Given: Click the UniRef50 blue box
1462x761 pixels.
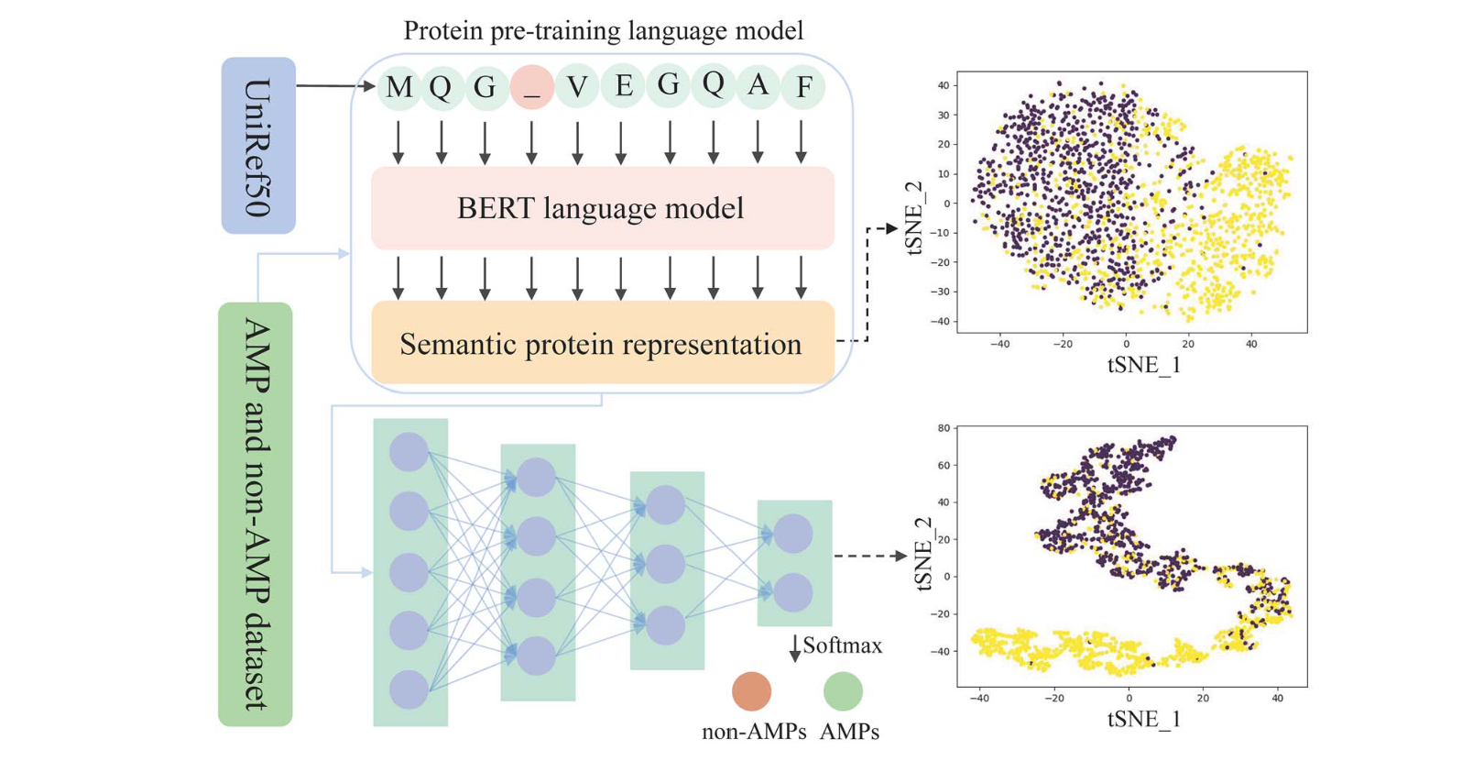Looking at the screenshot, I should [x=258, y=145].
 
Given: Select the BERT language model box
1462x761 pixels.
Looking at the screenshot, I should [x=602, y=208].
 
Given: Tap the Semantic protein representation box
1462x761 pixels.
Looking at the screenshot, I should [x=602, y=344].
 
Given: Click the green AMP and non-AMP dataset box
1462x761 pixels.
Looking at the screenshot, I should [x=255, y=513].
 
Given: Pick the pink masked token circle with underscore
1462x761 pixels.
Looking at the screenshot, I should [x=531, y=87].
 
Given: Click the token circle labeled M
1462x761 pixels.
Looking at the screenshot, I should [x=399, y=87].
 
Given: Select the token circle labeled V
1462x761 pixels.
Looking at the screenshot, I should [x=577, y=87].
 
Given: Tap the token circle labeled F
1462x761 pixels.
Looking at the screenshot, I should [x=803, y=87].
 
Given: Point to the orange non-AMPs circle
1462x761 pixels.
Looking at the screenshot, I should [x=751, y=691].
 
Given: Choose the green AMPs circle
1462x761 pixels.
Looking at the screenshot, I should [x=843, y=691].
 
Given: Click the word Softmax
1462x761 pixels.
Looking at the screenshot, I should [x=843, y=645].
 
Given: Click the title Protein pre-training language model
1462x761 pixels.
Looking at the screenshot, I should [x=603, y=30].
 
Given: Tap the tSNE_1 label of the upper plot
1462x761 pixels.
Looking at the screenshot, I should [x=1143, y=365].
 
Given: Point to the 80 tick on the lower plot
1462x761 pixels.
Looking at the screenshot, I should [x=944, y=428].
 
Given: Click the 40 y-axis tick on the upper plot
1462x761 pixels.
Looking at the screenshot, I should [x=943, y=86].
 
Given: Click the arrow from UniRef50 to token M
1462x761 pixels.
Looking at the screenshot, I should [x=334, y=86].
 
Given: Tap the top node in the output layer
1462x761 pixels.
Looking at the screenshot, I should [x=793, y=534].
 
